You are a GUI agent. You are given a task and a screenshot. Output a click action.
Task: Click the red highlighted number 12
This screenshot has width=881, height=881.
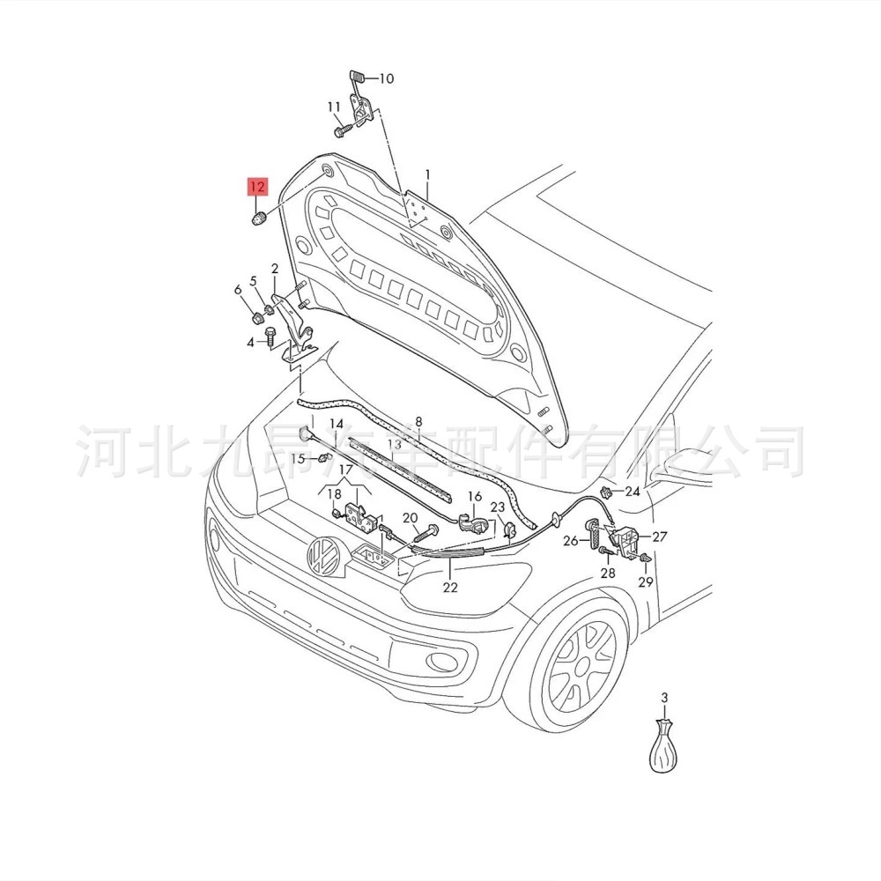(x=256, y=187)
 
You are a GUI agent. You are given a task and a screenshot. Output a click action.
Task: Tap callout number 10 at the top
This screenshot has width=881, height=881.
(x=386, y=78)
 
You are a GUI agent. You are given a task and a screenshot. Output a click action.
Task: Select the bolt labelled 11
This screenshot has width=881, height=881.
(x=343, y=130)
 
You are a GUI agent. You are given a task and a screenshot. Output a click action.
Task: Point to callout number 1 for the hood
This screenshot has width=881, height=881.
(x=428, y=175)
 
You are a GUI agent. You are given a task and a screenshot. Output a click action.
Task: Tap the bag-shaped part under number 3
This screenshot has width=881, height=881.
(x=665, y=749)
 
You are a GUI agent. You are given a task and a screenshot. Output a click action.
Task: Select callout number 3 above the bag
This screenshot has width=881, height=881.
(x=665, y=699)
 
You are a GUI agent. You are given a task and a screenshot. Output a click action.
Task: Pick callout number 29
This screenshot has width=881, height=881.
(x=646, y=582)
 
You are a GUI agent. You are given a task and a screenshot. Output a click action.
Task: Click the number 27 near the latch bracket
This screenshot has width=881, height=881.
(x=660, y=536)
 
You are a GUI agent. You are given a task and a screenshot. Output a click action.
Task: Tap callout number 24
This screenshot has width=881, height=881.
(x=633, y=492)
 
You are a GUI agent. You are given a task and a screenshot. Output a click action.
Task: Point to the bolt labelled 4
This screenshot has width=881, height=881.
(x=269, y=337)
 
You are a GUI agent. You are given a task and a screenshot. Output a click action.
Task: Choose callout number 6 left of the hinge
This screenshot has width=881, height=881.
(x=237, y=290)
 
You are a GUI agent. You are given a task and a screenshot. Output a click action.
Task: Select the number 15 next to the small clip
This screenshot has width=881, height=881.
(x=298, y=458)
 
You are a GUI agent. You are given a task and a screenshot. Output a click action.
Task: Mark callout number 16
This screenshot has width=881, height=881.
(x=475, y=497)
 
